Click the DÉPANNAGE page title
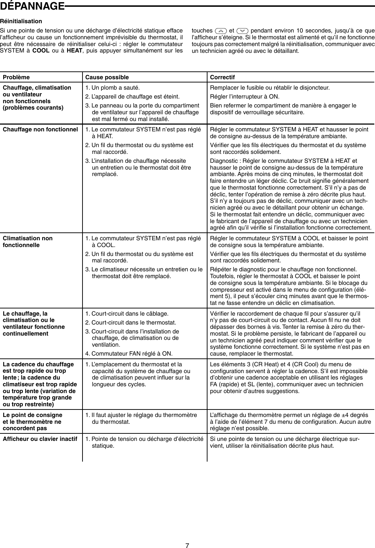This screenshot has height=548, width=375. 32,6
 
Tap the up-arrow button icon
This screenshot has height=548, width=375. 221,30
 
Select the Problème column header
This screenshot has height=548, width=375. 16,77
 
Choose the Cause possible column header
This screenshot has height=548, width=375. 107,77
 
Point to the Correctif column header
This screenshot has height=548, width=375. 222,77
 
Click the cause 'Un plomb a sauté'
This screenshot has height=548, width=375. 112,87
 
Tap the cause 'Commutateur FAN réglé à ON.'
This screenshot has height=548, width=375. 129,354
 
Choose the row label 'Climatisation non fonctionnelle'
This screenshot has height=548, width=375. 27,242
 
